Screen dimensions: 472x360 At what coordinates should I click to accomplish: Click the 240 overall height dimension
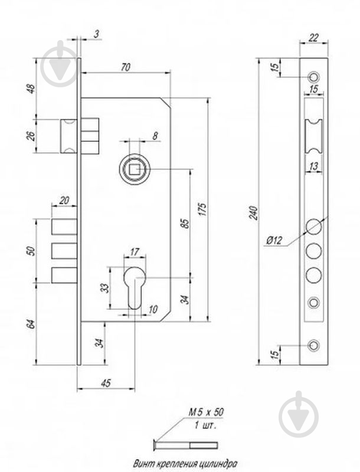(254, 212)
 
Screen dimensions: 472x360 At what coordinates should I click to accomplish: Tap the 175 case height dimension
(202, 211)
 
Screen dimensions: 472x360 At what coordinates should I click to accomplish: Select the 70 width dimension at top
(125, 67)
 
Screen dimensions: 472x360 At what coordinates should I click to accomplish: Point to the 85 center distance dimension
(184, 224)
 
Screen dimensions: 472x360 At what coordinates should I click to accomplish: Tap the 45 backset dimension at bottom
(106, 382)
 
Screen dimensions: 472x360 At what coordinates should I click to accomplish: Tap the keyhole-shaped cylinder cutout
(135, 287)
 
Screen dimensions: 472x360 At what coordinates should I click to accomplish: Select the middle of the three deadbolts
(64, 251)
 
